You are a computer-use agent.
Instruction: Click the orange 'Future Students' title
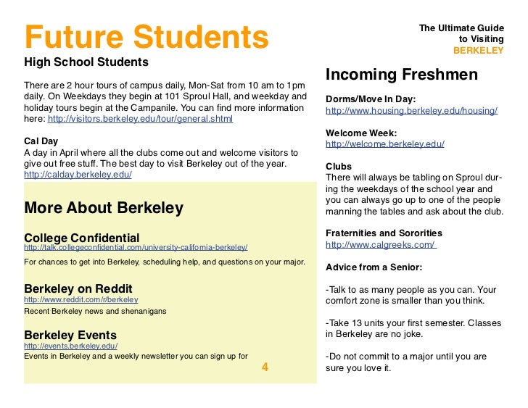146,36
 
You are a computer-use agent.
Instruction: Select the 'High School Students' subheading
86,62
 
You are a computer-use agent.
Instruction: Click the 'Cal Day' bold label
41,141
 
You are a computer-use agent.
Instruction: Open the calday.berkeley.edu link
78,175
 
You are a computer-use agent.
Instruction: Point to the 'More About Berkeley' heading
104,208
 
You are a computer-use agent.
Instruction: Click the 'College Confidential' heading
82,237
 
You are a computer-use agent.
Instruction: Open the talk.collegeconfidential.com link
136,248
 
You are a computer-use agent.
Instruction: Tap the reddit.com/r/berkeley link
81,299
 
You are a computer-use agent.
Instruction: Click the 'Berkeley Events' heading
70,336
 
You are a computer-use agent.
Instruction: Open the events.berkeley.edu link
70,346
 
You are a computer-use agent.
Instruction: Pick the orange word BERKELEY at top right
478,51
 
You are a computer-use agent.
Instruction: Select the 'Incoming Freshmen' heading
402,75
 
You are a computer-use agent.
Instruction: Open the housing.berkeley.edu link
411,111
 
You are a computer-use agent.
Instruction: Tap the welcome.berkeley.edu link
385,144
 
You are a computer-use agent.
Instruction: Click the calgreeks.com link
381,244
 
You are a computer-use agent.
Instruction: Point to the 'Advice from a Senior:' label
374,266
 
